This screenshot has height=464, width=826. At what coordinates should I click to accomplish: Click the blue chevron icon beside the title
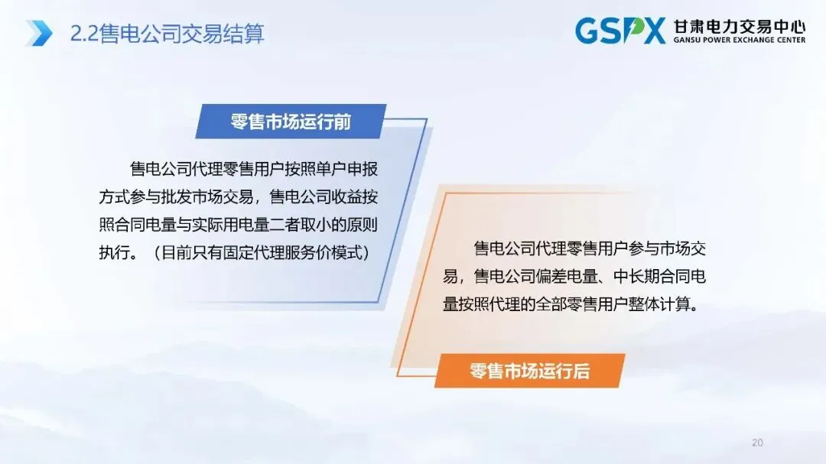[x=39, y=33]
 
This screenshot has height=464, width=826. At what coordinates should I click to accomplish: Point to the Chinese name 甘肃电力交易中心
[x=739, y=26]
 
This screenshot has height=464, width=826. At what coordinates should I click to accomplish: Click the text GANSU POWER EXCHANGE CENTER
[x=739, y=41]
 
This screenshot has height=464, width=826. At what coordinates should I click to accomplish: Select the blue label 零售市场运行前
[x=291, y=122]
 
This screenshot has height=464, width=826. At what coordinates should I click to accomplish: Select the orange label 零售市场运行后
[x=529, y=372]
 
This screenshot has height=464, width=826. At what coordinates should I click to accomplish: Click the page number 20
[x=758, y=443]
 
